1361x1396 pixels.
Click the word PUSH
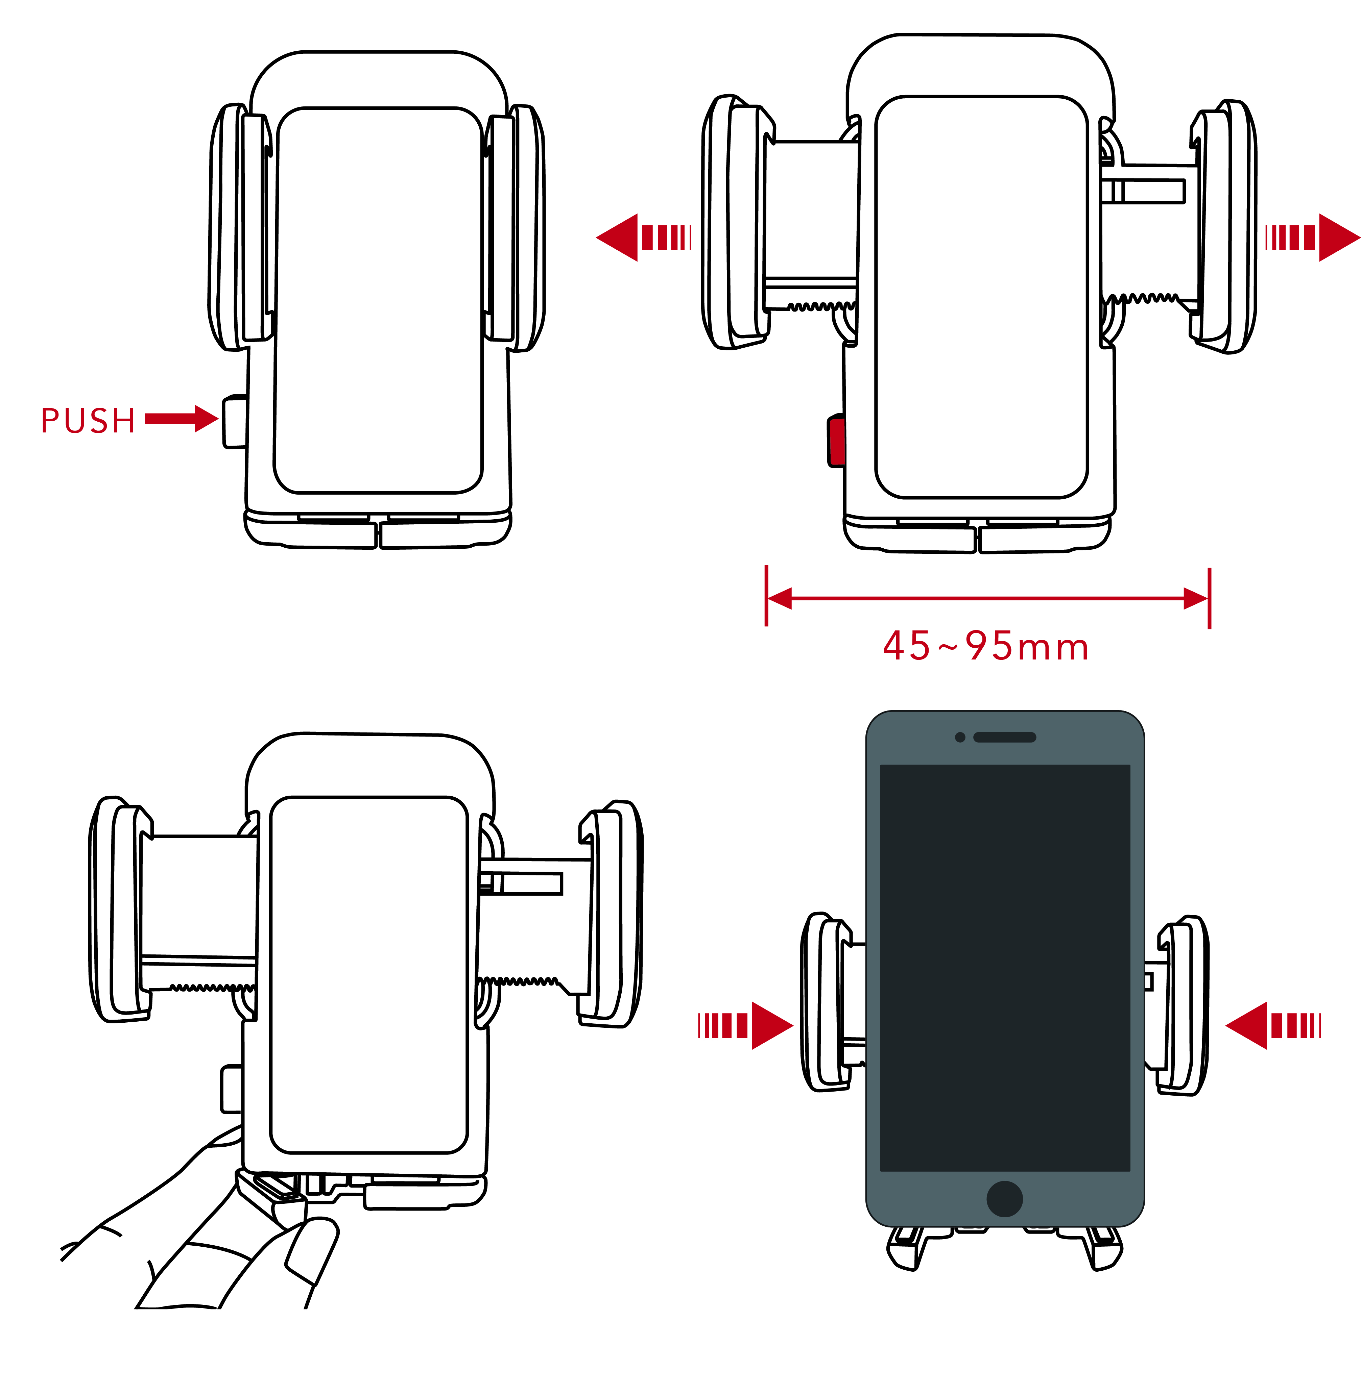(x=88, y=421)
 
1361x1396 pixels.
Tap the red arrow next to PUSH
(x=182, y=419)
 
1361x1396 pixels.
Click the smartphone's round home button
(x=1004, y=1199)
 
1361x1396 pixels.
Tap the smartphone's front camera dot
(x=960, y=737)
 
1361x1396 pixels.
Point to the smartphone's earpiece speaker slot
(x=1004, y=737)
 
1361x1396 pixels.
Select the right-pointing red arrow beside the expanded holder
(x=1312, y=237)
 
